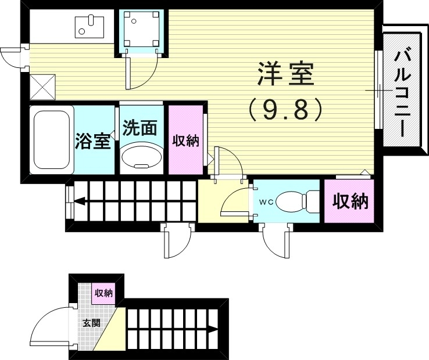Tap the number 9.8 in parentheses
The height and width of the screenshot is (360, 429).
click(x=285, y=109)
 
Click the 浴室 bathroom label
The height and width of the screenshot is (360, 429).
click(x=93, y=141)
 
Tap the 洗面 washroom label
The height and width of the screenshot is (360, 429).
click(x=140, y=128)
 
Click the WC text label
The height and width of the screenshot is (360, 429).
click(x=266, y=202)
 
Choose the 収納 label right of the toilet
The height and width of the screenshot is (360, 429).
click(x=350, y=201)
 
